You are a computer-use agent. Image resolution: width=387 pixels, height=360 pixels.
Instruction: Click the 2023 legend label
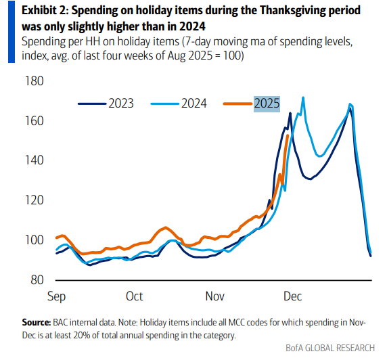coord(121,104)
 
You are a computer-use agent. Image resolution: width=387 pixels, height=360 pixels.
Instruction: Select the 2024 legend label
coord(194,104)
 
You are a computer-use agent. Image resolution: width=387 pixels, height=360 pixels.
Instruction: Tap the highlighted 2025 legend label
coord(267,104)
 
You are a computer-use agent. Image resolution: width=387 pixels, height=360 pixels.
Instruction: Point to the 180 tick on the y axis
coord(35,81)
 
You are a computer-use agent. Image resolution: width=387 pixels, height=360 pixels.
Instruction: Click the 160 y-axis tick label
coord(35,121)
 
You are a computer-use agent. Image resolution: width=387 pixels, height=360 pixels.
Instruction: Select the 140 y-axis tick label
coord(35,160)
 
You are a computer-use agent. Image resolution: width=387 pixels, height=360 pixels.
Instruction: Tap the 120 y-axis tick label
coord(35,200)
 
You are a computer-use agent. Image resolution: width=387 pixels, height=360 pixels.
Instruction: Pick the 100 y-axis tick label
coord(35,240)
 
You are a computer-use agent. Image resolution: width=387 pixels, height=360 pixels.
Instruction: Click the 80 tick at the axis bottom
coord(37,279)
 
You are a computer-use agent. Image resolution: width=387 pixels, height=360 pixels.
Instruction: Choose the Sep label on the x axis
coord(56,296)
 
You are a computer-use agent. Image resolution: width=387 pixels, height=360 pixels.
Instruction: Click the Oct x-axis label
coord(134,296)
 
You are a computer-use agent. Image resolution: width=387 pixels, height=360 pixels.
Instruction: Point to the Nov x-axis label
coord(214,296)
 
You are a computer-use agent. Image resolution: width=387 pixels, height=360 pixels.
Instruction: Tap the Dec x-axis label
coord(292,296)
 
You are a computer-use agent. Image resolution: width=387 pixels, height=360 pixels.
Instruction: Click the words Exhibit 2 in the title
coord(45,11)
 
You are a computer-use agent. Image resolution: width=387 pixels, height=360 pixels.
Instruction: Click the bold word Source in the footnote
coord(37,322)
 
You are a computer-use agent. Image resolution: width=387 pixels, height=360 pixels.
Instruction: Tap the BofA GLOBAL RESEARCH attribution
coord(330,348)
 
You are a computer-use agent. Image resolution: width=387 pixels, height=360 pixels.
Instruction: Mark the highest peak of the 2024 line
coord(303,97)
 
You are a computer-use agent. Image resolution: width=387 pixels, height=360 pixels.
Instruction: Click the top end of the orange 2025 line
coord(288,135)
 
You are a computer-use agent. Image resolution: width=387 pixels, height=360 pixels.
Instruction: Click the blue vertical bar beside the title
coord(12,32)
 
